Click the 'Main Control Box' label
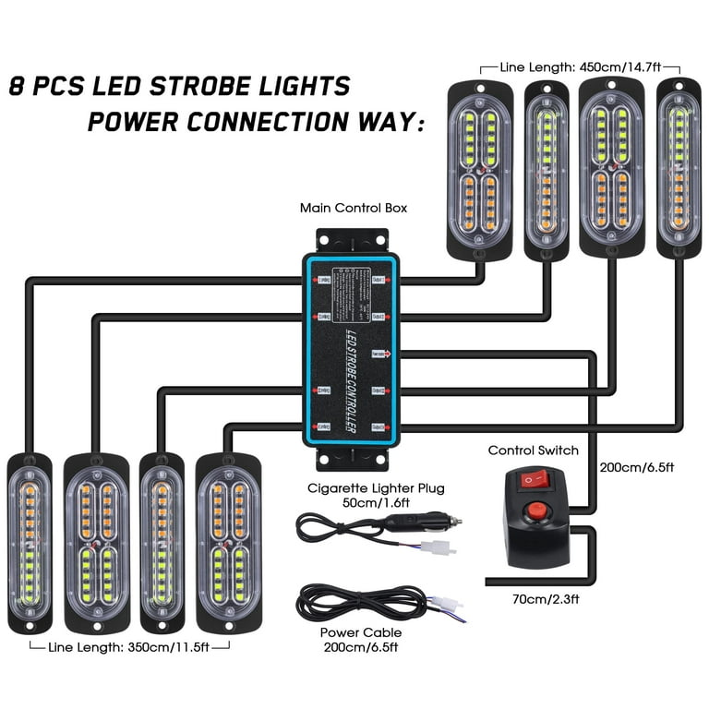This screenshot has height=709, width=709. pos(354,208)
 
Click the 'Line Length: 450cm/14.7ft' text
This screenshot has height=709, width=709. pos(581,67)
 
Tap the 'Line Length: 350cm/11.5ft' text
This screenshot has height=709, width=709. pos(130,648)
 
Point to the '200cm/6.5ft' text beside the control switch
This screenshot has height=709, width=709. pos(638,467)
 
